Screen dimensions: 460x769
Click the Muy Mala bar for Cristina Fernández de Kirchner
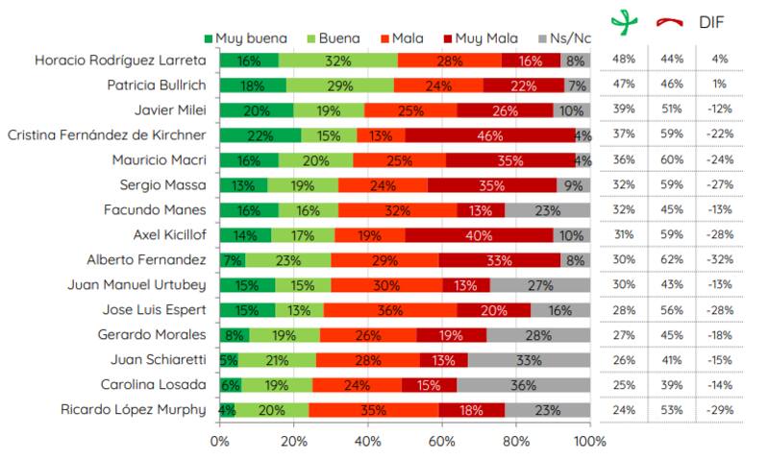coord(489,135)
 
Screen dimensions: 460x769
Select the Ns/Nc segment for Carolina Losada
coord(523,385)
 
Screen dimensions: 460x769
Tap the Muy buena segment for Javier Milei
coord(257,110)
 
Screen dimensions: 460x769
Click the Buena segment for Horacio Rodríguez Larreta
coord(337,61)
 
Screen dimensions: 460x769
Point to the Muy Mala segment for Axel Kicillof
coord(480,235)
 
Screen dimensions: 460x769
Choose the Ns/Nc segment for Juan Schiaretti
coord(529,360)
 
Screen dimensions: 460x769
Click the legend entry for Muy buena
coord(238,38)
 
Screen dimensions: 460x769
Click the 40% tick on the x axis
coord(368,442)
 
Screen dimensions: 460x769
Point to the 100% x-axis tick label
coord(589,442)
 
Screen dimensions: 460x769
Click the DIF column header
coord(712,20)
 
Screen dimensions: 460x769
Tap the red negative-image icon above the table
coord(669,21)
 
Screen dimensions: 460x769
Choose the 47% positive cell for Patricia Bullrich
coord(625,85)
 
